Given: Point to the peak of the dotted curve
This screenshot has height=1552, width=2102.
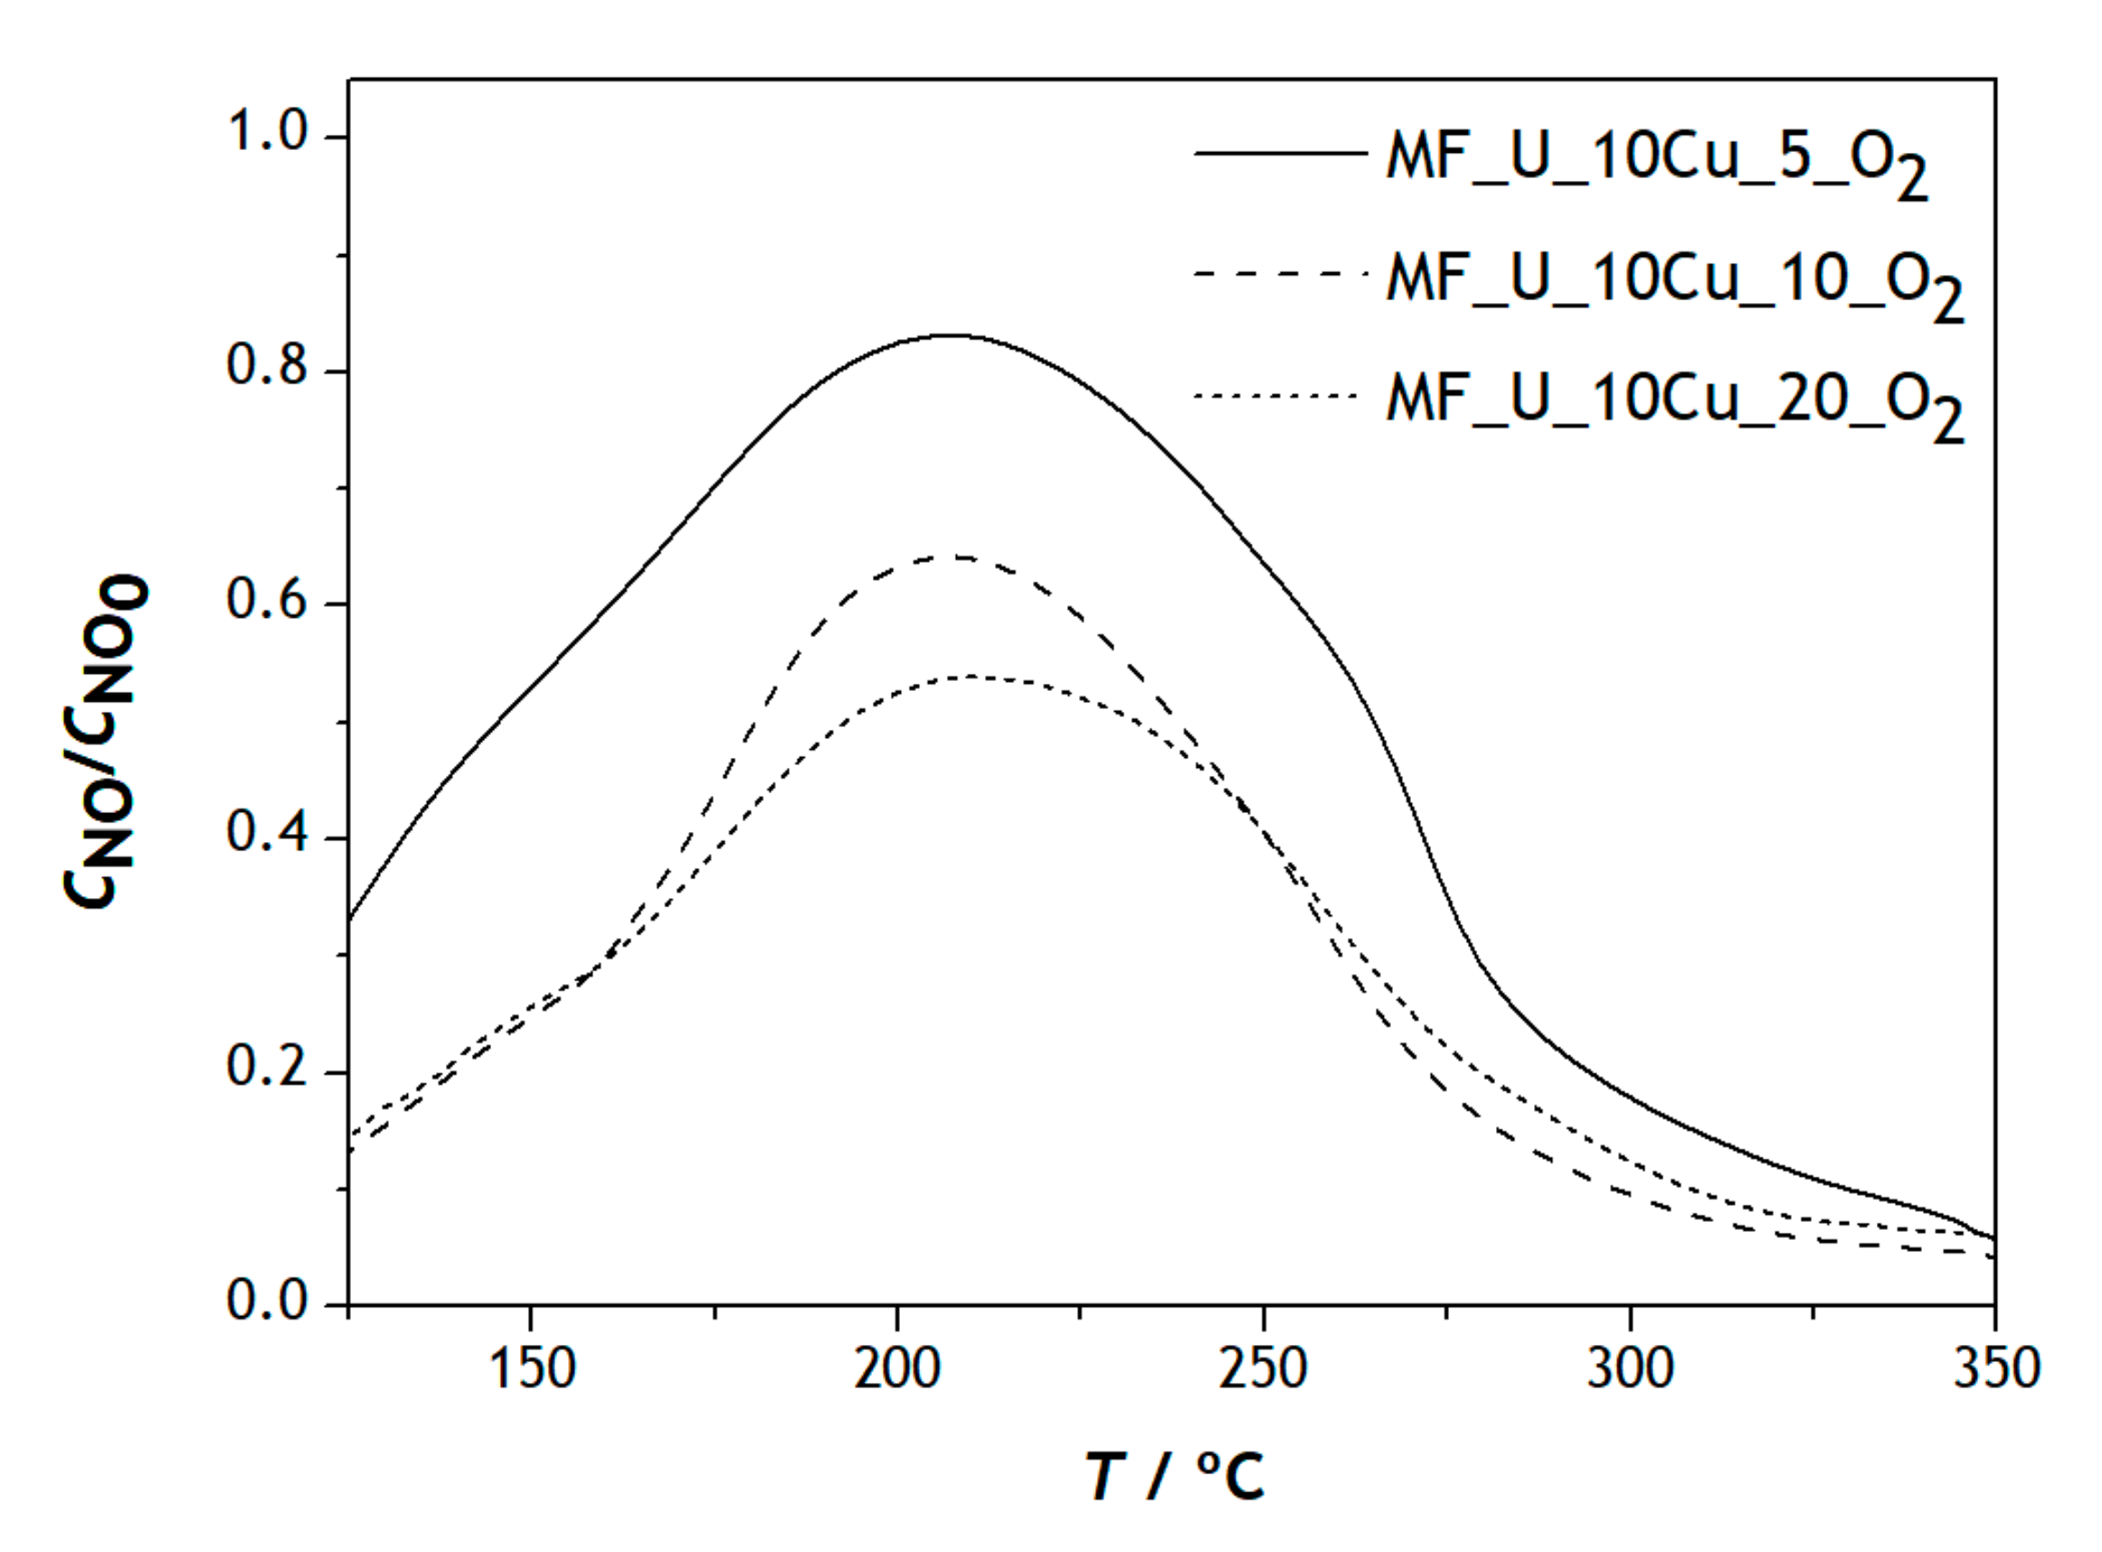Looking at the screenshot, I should (x=968, y=677).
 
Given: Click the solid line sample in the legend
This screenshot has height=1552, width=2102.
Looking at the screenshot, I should (x=1279, y=152).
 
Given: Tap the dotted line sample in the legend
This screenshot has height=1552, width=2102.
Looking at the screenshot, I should (x=1277, y=396).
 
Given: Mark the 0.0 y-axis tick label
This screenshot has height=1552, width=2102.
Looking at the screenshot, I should (x=268, y=1301).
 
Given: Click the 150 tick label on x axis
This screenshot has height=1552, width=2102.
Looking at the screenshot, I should (x=532, y=1369).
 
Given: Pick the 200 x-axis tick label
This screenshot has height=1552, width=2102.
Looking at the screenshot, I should (x=897, y=1369).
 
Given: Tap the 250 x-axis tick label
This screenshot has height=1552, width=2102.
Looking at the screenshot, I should (x=1263, y=1369).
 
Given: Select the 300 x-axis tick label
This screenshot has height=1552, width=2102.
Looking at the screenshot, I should (x=1630, y=1369).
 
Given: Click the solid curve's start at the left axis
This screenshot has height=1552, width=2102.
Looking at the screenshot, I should (x=350, y=919).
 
